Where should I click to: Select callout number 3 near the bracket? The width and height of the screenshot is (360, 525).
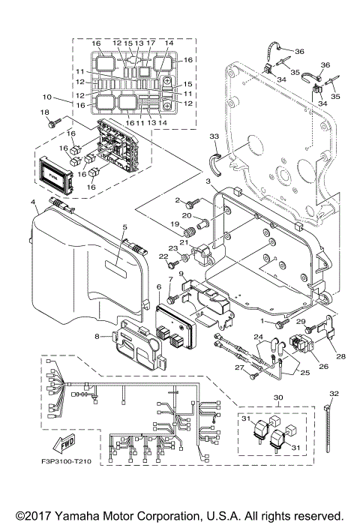208,181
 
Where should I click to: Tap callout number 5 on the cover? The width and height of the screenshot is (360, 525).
125,226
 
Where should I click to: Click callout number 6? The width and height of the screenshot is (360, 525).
159,287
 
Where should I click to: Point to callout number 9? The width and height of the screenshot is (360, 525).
181,274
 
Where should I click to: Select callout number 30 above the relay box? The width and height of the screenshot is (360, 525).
278,398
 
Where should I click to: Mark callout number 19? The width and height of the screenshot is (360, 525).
172,223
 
